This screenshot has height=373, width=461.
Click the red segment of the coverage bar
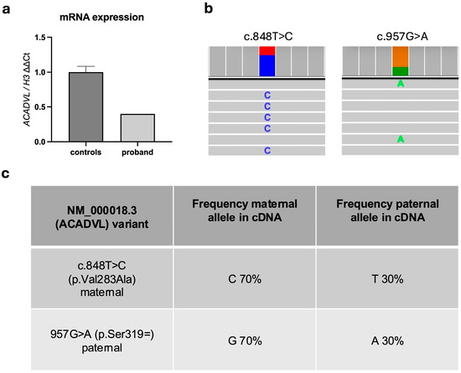point(267,50)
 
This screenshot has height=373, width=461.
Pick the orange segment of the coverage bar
point(401,55)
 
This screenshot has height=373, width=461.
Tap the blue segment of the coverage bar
point(267,65)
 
